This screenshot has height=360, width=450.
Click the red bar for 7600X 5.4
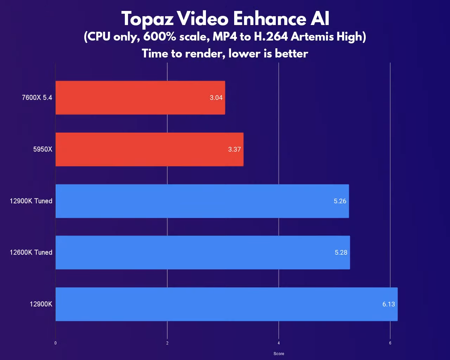(140, 98)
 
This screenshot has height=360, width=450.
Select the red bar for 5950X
(149, 149)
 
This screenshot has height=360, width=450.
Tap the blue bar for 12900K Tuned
(202, 201)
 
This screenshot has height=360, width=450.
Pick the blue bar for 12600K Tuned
(202, 252)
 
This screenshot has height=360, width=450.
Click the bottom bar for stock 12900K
(226, 304)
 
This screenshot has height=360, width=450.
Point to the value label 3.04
(216, 98)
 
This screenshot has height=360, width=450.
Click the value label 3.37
(234, 149)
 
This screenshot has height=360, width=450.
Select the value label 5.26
(340, 201)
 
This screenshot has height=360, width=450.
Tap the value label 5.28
(341, 252)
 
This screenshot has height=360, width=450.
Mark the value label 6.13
(389, 304)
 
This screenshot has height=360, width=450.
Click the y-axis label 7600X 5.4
(37, 98)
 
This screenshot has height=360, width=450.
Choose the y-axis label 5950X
(43, 149)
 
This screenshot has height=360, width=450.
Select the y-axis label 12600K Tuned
(31, 252)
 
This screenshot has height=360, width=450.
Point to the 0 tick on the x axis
(55, 343)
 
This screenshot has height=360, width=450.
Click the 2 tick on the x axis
(167, 343)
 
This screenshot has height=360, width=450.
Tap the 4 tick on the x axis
(279, 343)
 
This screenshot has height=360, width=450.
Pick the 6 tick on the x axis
(390, 343)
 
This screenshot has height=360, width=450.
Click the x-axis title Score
(279, 354)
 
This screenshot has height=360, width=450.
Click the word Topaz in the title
(147, 19)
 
